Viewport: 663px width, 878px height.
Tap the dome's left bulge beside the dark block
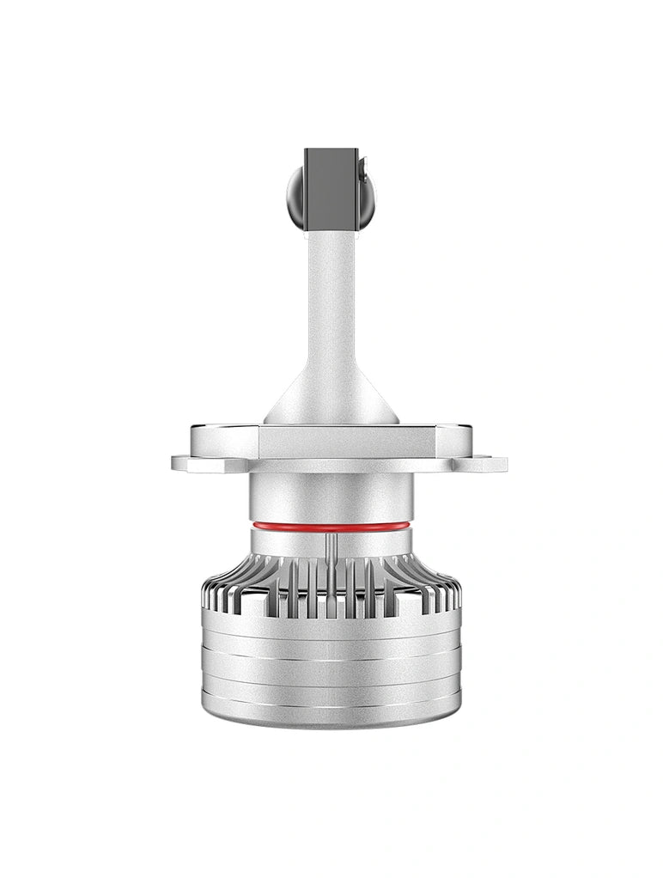295,197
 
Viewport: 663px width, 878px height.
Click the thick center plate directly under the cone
331,441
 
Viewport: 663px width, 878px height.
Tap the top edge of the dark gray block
331,150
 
